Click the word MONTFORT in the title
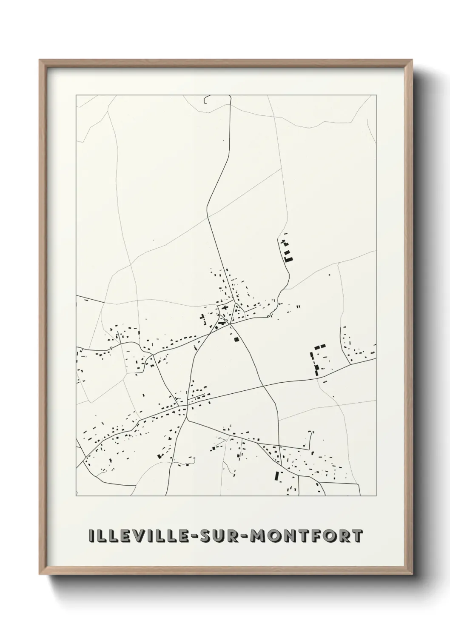click(307, 536)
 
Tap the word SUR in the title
click(219, 536)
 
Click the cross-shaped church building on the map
click(224, 307)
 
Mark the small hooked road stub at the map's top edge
click(207, 100)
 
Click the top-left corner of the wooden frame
click(40, 60)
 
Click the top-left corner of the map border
click(76, 95)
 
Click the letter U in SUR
click(219, 536)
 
